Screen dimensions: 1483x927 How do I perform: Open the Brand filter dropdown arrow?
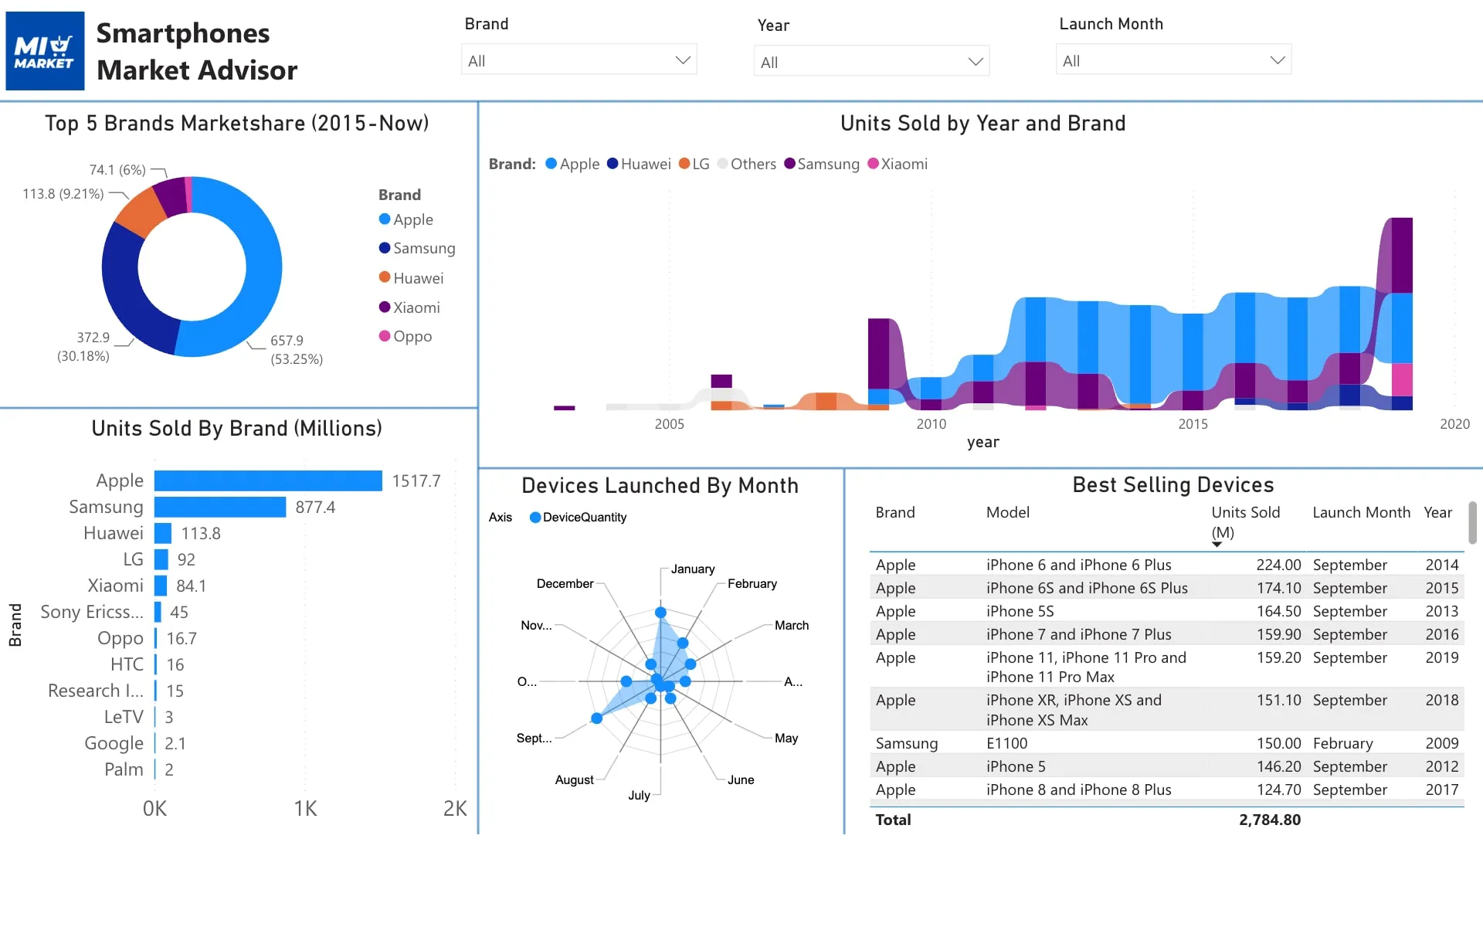(683, 60)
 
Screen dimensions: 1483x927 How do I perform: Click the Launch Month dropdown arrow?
(1278, 60)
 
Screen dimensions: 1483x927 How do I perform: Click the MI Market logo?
(45, 51)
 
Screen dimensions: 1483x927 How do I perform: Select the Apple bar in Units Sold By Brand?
(268, 480)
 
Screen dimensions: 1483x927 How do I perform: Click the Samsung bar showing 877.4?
(220, 507)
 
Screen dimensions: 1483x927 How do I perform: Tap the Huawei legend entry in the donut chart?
(411, 278)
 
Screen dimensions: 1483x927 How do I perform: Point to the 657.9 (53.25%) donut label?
(297, 350)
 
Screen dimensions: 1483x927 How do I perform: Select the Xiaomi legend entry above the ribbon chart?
(898, 164)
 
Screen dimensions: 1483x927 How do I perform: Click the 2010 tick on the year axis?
(932, 424)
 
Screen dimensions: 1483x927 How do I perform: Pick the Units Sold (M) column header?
(1245, 522)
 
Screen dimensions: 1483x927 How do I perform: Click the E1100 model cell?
(1007, 743)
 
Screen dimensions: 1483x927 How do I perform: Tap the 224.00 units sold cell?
(1278, 565)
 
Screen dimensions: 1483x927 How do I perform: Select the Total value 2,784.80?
(1270, 820)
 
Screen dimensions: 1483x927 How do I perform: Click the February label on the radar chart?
(752, 584)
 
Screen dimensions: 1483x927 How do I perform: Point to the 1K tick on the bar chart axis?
(305, 809)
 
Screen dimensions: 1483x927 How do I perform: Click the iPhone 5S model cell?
(1020, 611)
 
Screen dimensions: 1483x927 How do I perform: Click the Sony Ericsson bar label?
(92, 612)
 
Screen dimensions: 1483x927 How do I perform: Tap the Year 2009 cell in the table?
(1442, 743)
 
